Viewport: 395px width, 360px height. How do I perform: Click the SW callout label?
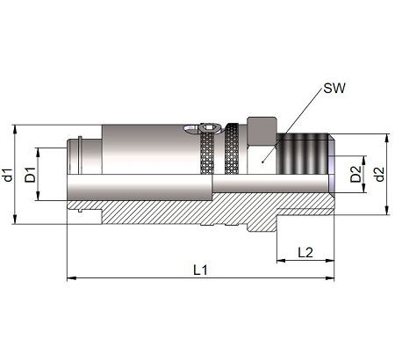(334, 88)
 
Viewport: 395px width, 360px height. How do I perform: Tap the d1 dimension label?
(9, 175)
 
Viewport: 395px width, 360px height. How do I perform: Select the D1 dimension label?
(30, 175)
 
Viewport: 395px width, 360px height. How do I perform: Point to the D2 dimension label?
(356, 174)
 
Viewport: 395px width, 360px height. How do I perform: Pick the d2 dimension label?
(379, 174)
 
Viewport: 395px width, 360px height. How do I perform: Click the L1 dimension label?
(201, 270)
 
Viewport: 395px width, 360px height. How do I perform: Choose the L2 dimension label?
(305, 252)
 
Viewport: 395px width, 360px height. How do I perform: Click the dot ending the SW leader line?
(262, 162)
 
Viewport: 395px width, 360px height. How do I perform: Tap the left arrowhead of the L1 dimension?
(72, 277)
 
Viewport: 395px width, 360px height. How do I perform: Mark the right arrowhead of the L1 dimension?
(329, 277)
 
